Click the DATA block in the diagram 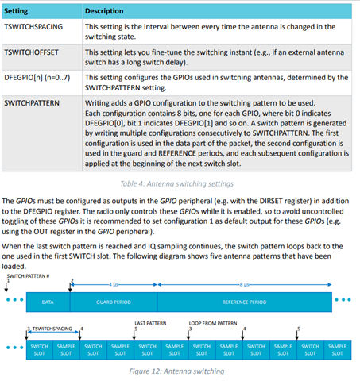pyautogui.click(x=48, y=301)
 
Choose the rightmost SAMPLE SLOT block pyautogui.click(x=337, y=348)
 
